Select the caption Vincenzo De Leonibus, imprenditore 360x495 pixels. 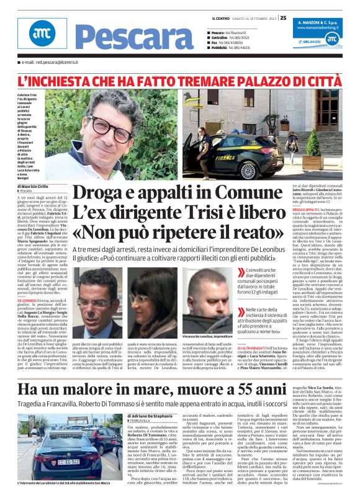[209, 334]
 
